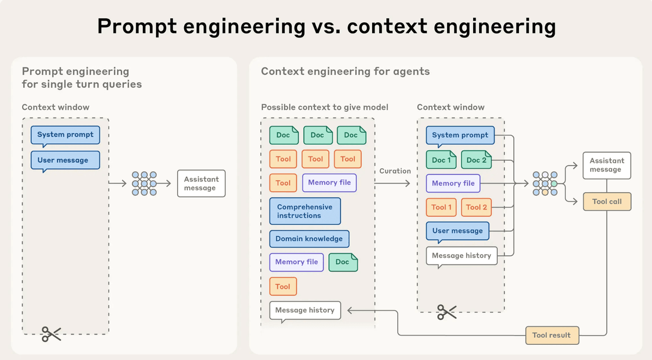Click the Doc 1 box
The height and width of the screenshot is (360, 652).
point(442,160)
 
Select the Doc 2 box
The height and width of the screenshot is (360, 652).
point(477,160)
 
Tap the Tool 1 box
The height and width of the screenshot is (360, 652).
point(442,207)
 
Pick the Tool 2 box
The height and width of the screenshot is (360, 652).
point(477,207)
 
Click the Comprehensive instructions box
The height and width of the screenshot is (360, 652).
point(305,211)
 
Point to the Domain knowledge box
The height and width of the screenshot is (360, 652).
point(309,238)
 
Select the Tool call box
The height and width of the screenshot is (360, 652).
point(607,201)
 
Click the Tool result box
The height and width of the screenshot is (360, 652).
point(551,335)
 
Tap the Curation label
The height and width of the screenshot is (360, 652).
point(395,170)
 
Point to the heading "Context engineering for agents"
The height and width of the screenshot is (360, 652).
point(345,71)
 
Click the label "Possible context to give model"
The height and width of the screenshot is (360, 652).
point(324,107)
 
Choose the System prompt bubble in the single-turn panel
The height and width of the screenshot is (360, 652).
point(65,135)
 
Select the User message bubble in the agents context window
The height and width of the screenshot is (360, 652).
point(457,231)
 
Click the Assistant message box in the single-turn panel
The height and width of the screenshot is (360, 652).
point(201,184)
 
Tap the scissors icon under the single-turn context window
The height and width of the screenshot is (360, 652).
point(52,334)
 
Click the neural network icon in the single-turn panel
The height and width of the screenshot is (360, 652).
point(144,184)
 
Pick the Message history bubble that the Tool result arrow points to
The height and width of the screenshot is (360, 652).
point(305,310)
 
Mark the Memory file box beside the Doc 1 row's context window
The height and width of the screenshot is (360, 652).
point(453,183)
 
